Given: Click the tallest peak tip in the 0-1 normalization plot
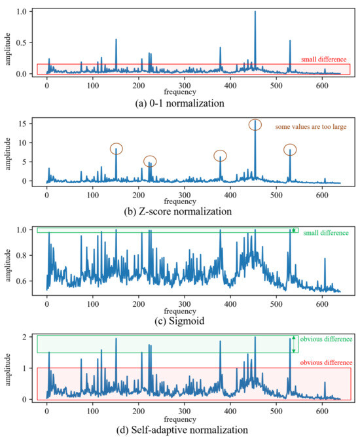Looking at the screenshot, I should point(255,12).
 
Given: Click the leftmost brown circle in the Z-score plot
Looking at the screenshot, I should point(116,149).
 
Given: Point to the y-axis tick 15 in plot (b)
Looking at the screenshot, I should point(22,124).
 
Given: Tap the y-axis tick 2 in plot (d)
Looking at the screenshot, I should point(24,337).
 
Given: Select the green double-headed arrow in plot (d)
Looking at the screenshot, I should point(294,344).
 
